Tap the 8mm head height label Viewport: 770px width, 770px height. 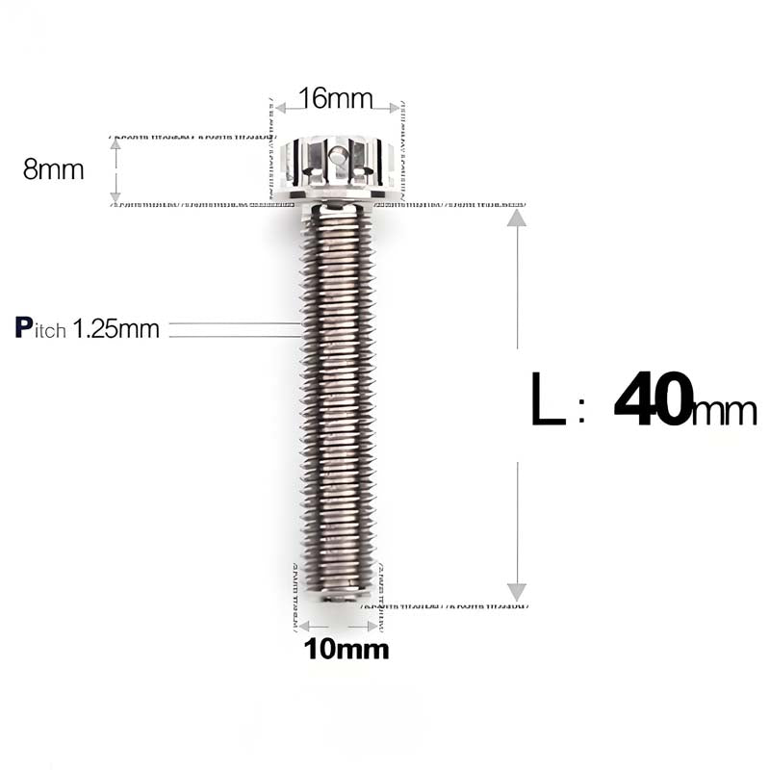coord(54,170)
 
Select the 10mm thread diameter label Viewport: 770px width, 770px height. coord(346,650)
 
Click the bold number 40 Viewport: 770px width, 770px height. coord(654,401)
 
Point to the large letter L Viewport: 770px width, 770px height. coord(549,402)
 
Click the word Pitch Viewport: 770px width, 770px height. coord(41,328)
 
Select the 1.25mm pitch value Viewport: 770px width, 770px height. coord(116,328)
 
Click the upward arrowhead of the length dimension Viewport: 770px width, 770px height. coord(517,218)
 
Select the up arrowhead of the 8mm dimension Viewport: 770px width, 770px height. coord(115,144)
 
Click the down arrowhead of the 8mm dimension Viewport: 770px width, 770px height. coord(115,197)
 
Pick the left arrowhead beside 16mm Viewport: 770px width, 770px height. coord(280,107)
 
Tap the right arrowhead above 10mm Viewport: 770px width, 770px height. coord(371,626)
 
